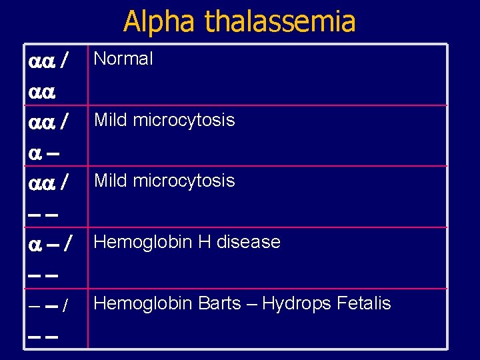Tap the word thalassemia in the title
(280, 21)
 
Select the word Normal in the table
(123, 59)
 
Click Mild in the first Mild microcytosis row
(111, 120)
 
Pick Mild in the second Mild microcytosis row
(111, 181)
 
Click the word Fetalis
(363, 304)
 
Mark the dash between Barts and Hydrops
(251, 305)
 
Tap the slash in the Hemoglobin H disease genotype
(68, 245)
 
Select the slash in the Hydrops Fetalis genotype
(64, 307)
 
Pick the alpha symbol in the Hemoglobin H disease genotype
(35, 245)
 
